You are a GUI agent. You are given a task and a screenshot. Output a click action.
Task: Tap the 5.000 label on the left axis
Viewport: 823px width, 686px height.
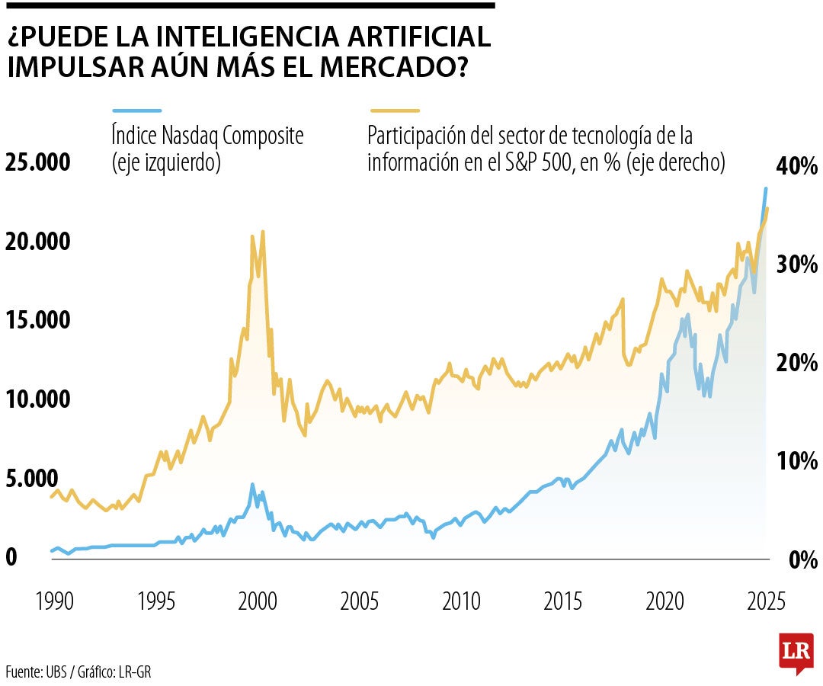[x=32, y=479]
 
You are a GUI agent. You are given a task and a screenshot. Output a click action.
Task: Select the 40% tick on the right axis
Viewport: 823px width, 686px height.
[x=796, y=166]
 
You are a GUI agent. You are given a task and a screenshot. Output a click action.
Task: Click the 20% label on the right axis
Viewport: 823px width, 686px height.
[x=796, y=362]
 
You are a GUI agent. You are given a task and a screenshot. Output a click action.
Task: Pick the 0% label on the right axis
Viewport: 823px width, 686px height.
[x=800, y=560]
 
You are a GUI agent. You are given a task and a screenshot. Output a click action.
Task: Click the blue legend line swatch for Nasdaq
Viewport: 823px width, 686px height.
[x=136, y=111]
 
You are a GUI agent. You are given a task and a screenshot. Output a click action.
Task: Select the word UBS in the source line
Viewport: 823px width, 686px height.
[x=56, y=672]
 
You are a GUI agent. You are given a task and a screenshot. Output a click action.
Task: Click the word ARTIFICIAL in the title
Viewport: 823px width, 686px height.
[x=412, y=37]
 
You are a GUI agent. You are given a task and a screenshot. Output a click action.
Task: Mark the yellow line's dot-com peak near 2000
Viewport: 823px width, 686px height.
[x=263, y=232]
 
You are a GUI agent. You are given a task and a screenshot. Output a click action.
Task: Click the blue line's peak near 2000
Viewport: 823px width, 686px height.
[x=252, y=484]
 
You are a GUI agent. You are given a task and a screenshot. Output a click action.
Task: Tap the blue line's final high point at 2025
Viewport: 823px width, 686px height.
[x=766, y=188]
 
